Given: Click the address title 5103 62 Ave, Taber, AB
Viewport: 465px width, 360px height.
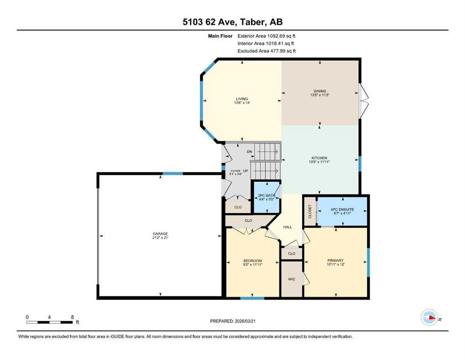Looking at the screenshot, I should [x=233, y=22].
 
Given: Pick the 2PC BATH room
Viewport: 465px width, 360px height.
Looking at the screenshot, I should [x=266, y=197].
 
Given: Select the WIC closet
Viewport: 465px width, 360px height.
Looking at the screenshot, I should [x=291, y=278].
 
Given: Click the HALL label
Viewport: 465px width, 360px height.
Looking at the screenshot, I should [x=288, y=227].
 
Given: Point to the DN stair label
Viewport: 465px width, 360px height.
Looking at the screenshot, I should [x=250, y=151].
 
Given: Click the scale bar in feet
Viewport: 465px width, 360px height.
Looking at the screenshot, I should [x=50, y=322].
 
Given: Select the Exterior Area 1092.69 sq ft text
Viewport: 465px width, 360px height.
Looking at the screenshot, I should [x=266, y=36].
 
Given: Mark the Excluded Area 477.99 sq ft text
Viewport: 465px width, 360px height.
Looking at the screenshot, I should [x=266, y=51].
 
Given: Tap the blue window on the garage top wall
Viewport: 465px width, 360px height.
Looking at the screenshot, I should [x=172, y=174].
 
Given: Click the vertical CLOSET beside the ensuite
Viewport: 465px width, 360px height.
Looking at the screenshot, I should [x=310, y=211].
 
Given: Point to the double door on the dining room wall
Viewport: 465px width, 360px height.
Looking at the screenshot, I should [x=364, y=100].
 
